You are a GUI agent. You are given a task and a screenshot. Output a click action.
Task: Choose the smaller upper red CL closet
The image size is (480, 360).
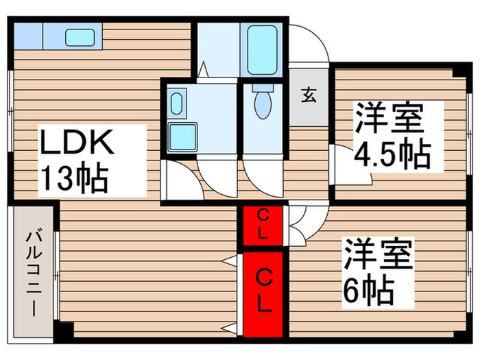(263, 226)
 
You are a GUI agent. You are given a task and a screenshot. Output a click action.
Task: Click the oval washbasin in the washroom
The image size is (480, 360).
(176, 105)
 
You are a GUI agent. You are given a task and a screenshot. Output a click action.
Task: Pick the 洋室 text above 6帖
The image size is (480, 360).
(377, 255)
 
